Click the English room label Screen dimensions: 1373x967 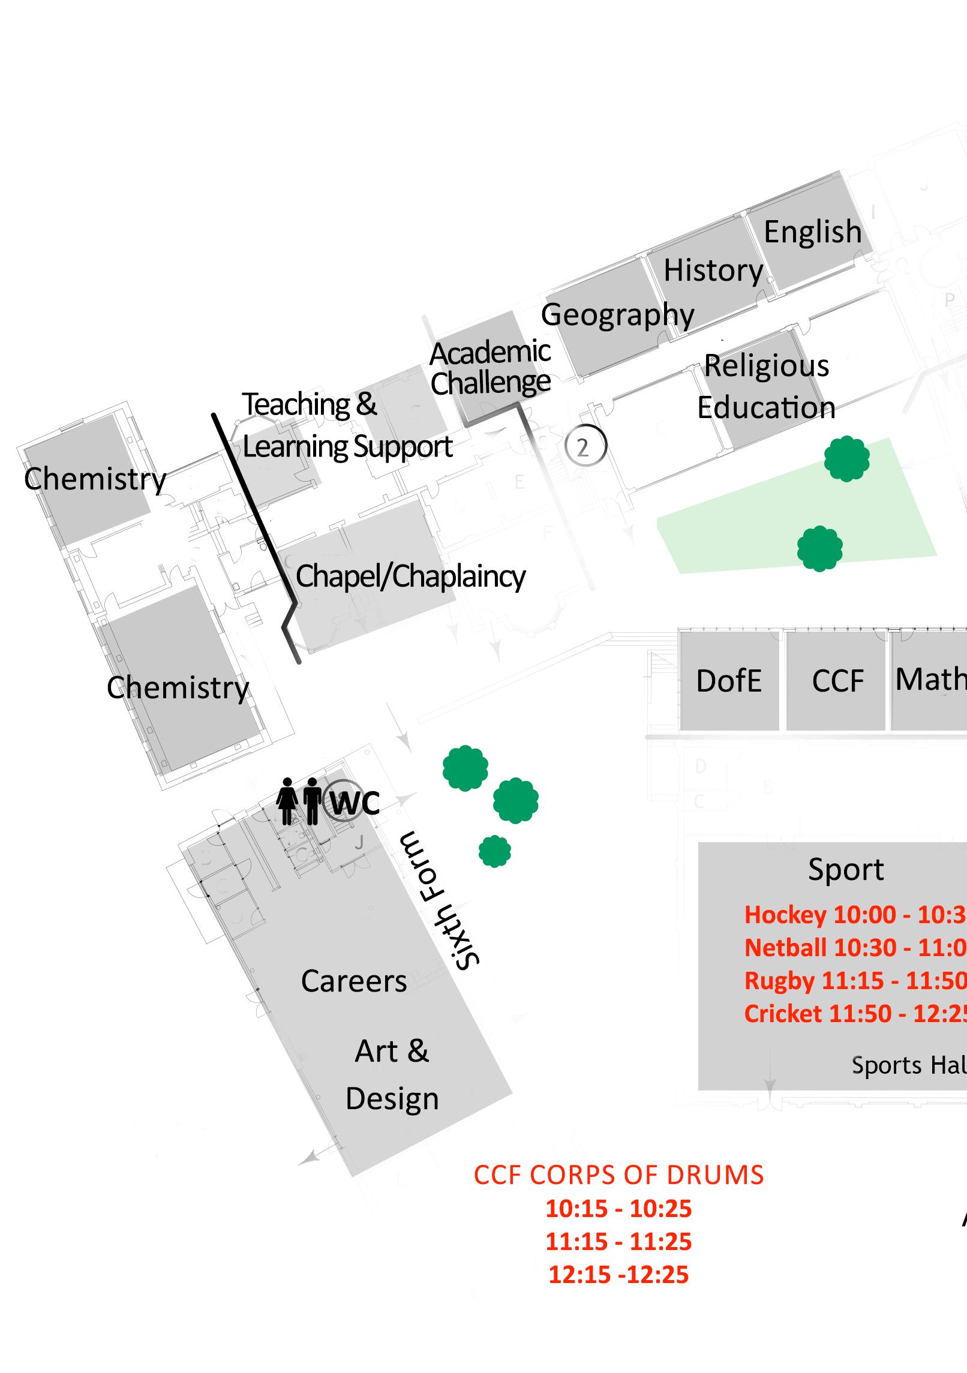(812, 232)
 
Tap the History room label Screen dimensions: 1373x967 (713, 271)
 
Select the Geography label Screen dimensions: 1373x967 (617, 315)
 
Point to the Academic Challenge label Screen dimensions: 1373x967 (490, 368)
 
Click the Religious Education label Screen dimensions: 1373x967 (766, 387)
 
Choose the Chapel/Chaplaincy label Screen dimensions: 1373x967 (410, 576)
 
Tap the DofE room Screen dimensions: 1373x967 (729, 681)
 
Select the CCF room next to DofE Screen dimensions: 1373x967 (837, 681)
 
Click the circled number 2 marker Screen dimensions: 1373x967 (585, 446)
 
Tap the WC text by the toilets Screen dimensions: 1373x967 (355, 803)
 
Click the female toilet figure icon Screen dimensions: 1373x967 (287, 801)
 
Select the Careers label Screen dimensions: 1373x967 (354, 981)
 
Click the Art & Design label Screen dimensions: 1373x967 (392, 1075)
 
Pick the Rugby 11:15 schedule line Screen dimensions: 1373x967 (855, 981)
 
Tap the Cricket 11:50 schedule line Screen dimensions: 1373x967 (855, 1014)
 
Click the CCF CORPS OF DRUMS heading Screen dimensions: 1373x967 (618, 1175)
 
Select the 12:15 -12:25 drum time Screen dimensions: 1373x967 (618, 1275)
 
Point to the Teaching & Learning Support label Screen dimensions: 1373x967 (347, 426)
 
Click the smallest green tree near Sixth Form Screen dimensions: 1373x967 (495, 851)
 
